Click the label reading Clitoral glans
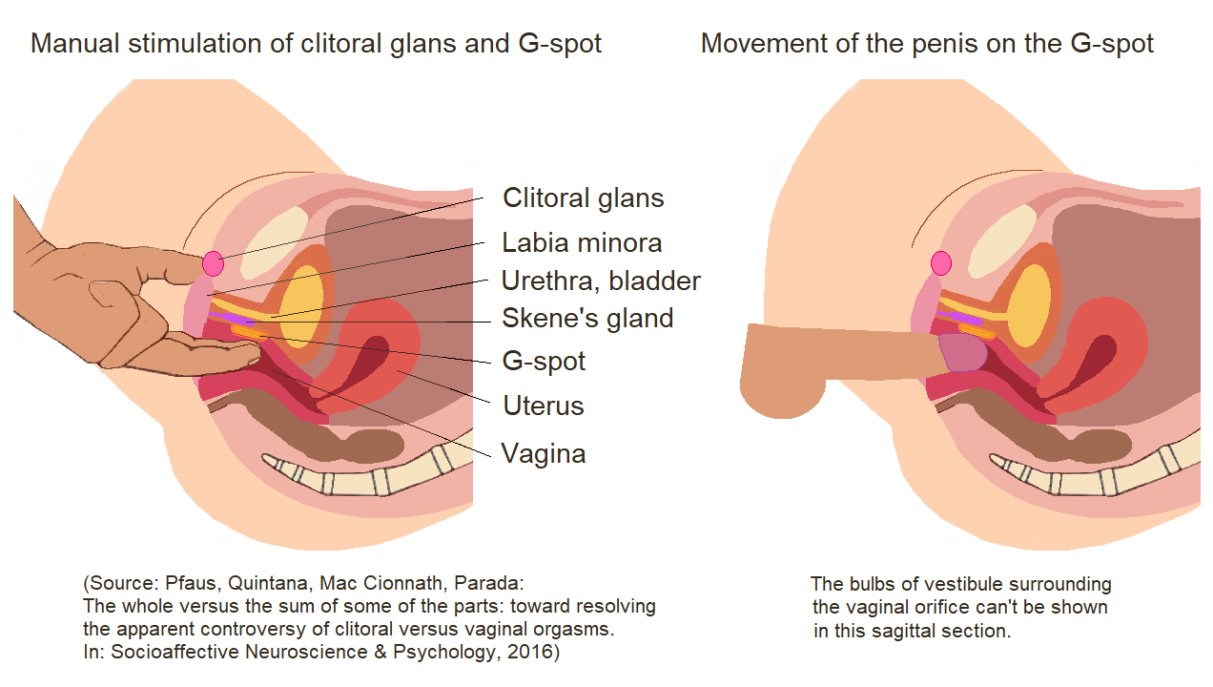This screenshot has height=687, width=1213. pos(583,198)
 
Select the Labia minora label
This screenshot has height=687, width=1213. pos(582,242)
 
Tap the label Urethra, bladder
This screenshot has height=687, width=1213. pos(601,281)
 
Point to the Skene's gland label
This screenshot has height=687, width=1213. pos(587,318)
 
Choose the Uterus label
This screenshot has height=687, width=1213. pos(543,406)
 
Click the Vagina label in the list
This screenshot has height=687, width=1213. pos(543,453)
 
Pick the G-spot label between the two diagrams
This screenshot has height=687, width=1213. pos(544,362)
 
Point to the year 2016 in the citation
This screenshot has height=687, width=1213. pos(537,652)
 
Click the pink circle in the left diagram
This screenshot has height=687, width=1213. pos(213,262)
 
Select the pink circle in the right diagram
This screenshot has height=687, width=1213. pos(941,262)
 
